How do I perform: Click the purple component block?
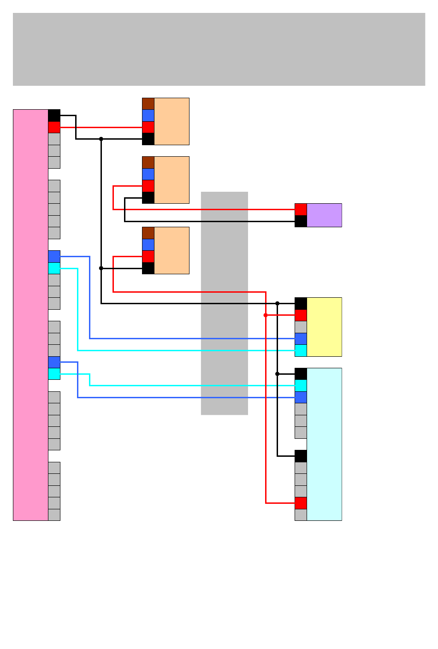324,215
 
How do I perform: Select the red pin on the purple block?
301,210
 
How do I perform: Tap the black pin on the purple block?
301,221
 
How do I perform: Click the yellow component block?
324,327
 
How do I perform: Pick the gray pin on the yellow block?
301,327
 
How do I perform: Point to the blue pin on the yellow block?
301,339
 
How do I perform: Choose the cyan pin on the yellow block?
301,350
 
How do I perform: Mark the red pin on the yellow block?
301,315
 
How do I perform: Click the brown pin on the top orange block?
148,104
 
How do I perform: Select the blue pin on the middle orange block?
148,174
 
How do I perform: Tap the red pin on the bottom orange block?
148,256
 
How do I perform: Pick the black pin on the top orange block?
148,139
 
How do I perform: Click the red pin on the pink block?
54,127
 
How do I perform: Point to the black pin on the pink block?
54,115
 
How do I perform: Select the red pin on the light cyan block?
301,503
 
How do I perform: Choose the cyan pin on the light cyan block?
301,385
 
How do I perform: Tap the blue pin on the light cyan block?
301,397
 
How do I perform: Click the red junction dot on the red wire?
266,315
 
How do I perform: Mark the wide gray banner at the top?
219,49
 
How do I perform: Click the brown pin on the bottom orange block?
148,233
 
